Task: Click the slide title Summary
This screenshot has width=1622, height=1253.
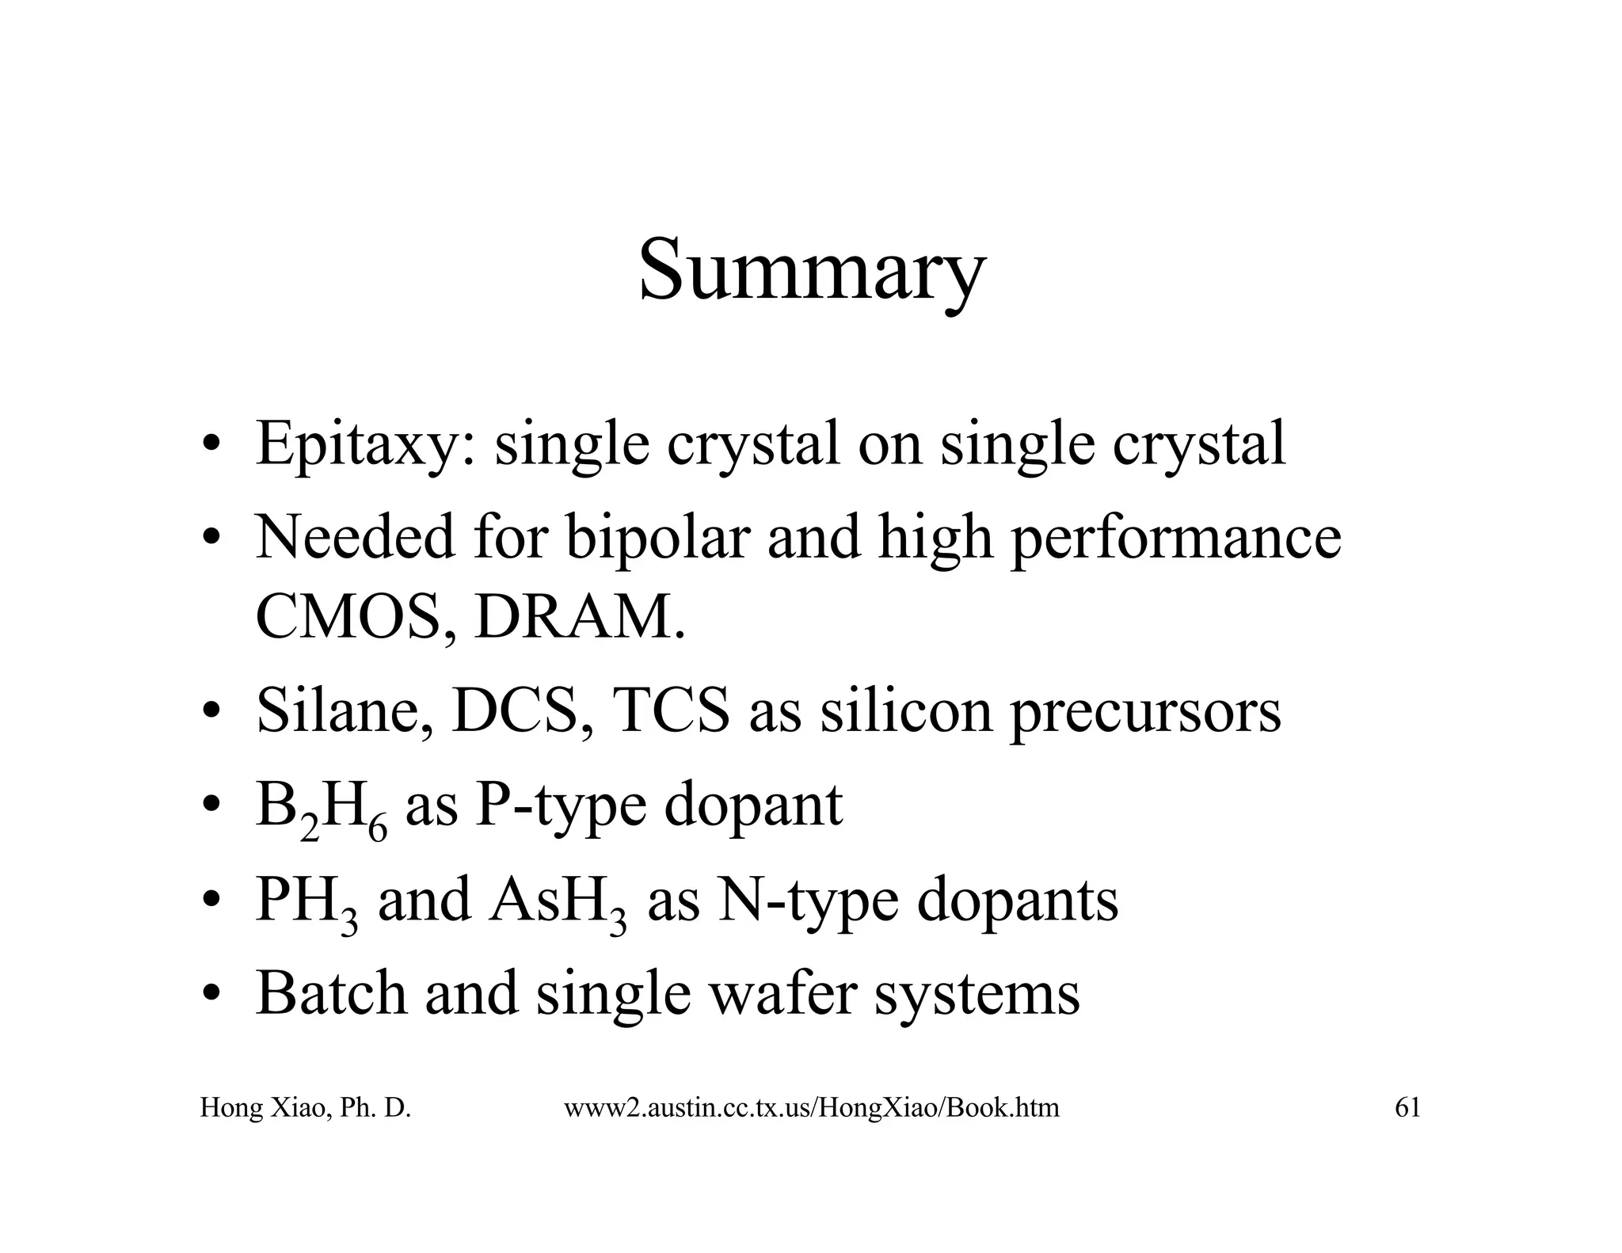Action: (x=812, y=269)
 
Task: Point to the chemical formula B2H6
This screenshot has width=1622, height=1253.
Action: (x=322, y=808)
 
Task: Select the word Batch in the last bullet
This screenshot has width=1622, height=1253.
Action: (x=331, y=993)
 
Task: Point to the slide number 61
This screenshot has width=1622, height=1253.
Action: (x=1407, y=1107)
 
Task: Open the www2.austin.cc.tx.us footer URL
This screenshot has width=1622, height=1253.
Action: (x=811, y=1107)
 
